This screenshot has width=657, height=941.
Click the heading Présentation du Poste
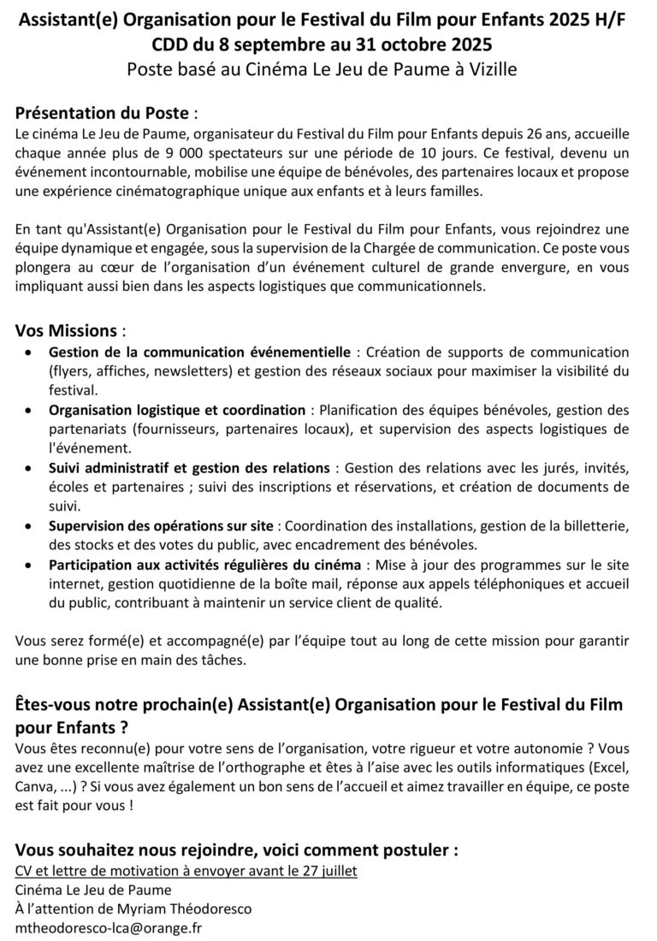(x=102, y=112)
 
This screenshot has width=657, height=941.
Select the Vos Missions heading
(x=64, y=330)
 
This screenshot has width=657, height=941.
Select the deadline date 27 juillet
(x=329, y=872)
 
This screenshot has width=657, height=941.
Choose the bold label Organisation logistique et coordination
(x=176, y=410)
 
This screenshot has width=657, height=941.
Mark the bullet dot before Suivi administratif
(x=31, y=468)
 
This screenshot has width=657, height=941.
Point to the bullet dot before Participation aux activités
(x=31, y=565)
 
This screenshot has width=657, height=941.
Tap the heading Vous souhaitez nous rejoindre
(x=235, y=850)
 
